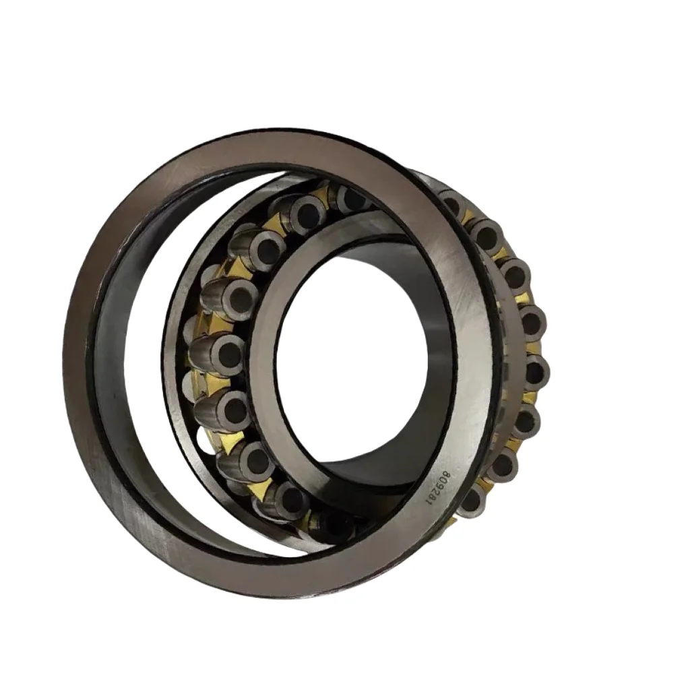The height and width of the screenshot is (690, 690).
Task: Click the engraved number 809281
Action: [437, 489]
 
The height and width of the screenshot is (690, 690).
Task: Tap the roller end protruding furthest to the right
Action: [534, 371]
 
